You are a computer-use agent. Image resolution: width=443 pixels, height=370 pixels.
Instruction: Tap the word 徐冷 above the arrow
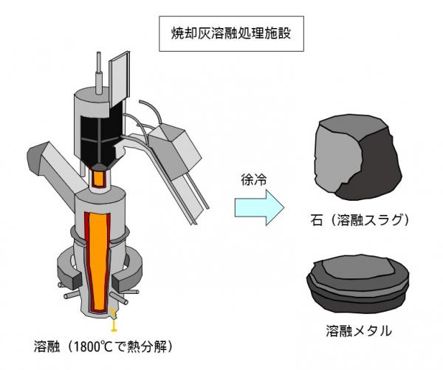click(252, 179)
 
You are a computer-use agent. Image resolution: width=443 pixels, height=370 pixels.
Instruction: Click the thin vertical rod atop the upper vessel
click(99, 69)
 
